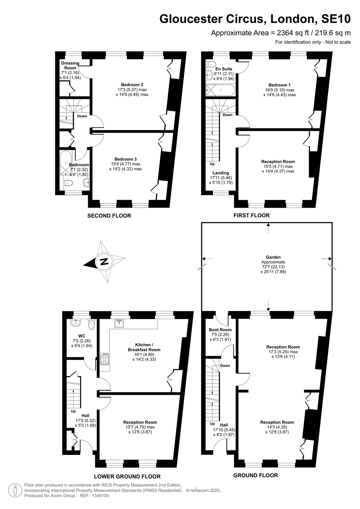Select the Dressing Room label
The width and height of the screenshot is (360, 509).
pos(70,66)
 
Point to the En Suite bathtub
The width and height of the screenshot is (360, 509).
pos(220,90)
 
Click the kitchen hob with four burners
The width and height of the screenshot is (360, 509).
pos(105,359)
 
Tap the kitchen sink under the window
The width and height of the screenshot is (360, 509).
pos(119,323)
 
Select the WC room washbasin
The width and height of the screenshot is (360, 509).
pos(75,323)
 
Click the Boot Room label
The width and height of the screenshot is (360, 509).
pos(220,330)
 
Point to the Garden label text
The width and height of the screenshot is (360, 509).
pos(273,257)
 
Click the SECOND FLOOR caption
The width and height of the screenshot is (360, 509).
pos(109,216)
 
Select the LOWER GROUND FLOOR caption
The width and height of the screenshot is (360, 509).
pos(127,476)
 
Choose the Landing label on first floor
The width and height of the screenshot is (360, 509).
pos(221,173)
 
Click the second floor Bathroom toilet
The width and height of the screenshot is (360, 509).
pos(68,183)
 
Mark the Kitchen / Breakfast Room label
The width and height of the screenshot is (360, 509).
pos(144,347)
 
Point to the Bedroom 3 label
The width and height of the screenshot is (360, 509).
pos(125,159)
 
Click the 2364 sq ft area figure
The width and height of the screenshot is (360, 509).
pos(293,33)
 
